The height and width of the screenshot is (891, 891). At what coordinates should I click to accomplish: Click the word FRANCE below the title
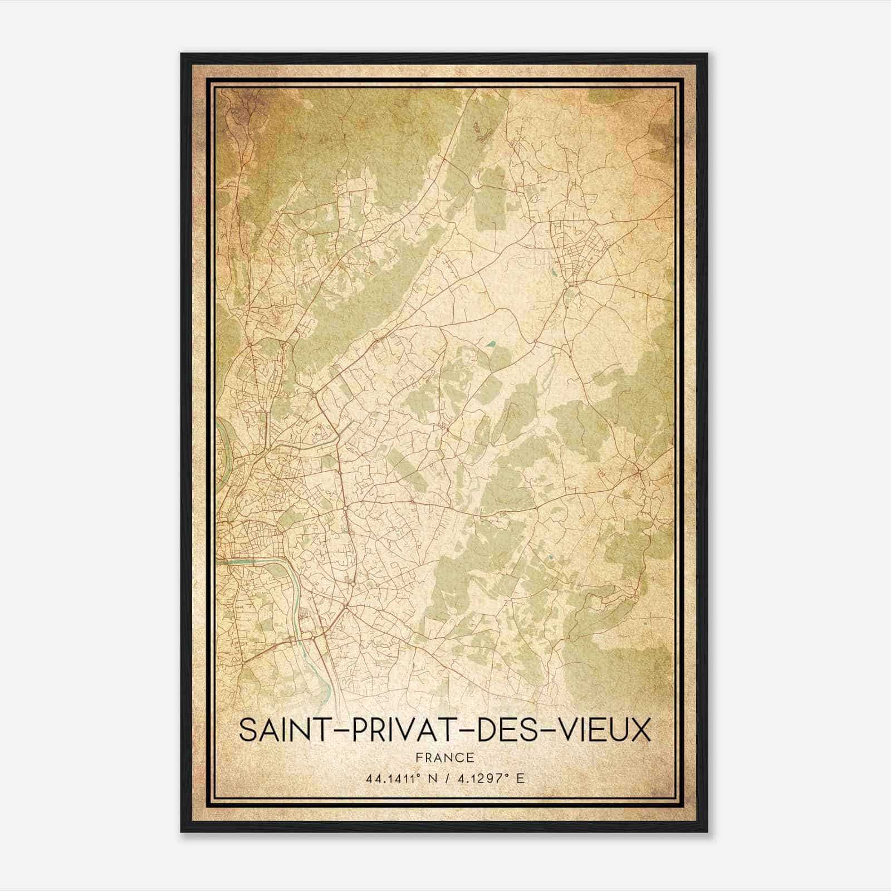click(444, 757)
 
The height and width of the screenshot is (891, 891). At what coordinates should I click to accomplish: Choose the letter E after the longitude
click(520, 779)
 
